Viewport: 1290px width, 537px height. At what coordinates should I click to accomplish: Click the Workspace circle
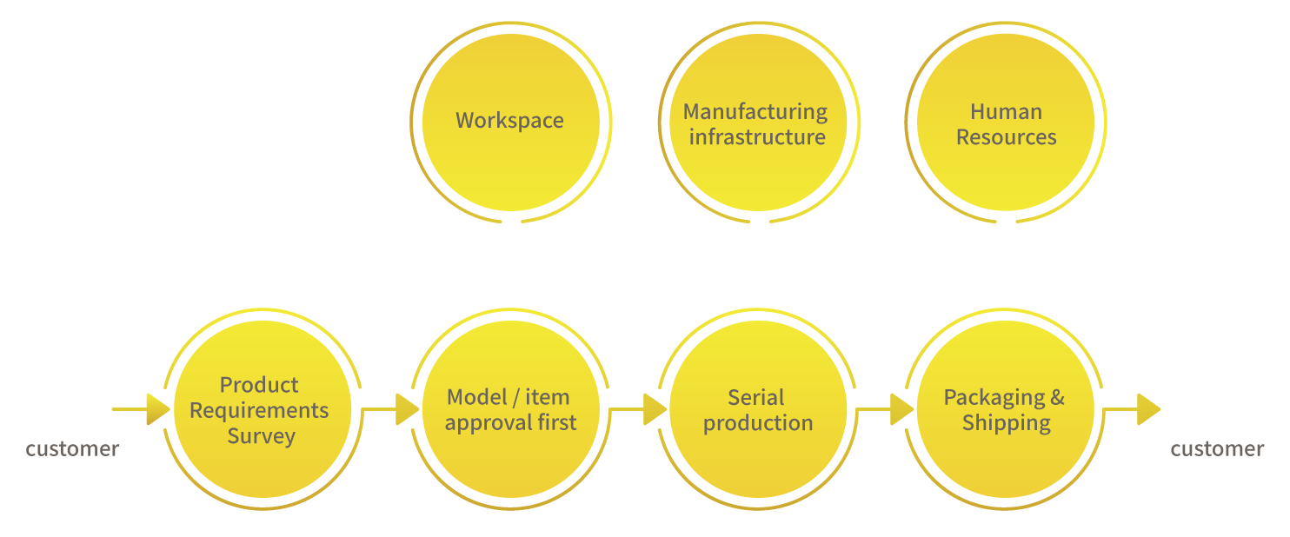[x=509, y=120]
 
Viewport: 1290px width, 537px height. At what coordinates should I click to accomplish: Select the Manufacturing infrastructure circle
[x=755, y=123]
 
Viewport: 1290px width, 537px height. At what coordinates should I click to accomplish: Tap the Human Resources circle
[x=1006, y=123]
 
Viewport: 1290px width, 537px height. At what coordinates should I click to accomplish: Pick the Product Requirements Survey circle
[x=260, y=410]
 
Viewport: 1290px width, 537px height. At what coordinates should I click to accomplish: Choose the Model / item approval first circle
[x=510, y=410]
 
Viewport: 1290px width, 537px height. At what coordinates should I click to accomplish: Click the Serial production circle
[x=757, y=410]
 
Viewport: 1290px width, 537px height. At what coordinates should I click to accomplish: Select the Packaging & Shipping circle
[x=1005, y=410]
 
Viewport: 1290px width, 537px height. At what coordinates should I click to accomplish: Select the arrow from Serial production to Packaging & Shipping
[x=886, y=409]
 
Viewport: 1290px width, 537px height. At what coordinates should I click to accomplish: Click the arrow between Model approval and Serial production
[x=638, y=409]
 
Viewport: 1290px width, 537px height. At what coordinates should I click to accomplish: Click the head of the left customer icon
[x=73, y=368]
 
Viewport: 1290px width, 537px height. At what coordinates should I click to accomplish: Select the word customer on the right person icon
[x=1217, y=448]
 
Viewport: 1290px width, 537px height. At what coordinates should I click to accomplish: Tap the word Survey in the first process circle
[x=261, y=436]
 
